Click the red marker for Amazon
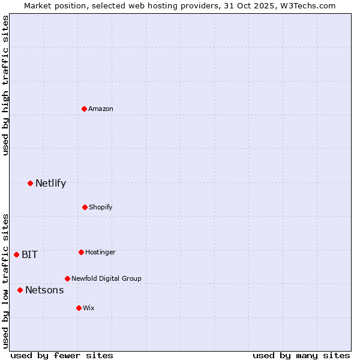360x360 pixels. [85, 109]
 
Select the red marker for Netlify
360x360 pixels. [30, 183]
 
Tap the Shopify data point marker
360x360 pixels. [85, 207]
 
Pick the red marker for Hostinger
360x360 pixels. [81, 252]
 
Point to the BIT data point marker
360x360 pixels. [16, 254]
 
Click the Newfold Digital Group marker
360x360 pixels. [67, 278]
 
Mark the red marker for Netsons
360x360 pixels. [20, 290]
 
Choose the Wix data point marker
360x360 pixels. [79, 308]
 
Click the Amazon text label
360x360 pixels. [101, 109]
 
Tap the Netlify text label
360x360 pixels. [50, 184]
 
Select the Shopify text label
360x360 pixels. [101, 207]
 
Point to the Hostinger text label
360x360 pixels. [100, 252]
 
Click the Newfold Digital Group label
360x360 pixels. [106, 278]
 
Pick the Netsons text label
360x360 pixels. [44, 290]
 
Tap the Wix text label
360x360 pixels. [89, 308]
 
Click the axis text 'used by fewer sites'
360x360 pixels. [62, 355]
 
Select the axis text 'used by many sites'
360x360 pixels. [301, 355]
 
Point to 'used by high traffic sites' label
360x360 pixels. [5, 85]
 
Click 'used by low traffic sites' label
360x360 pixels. [5, 281]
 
